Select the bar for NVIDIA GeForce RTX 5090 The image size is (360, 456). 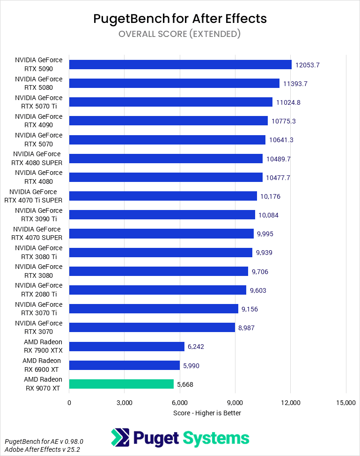tap(180, 65)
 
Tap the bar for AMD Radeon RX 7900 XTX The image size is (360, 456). tap(126, 347)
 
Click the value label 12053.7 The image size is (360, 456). tap(307, 65)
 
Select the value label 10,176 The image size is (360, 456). tap(270, 196)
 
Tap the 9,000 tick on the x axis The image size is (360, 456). tap(235, 402)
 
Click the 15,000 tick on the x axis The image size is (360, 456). tap(345, 402)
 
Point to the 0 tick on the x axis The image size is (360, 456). tap(69, 402)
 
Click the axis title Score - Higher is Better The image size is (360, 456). tap(207, 413)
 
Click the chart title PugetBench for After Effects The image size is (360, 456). tap(180, 18)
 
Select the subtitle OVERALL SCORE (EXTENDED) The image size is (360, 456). tap(180, 34)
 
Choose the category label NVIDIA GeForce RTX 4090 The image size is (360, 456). tap(38, 121)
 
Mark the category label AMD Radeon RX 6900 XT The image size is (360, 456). tap(42, 365)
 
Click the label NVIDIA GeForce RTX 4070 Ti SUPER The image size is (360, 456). tap(35, 196)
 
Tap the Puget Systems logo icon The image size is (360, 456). tap(120, 438)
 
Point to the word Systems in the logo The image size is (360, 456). tap(216, 438)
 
